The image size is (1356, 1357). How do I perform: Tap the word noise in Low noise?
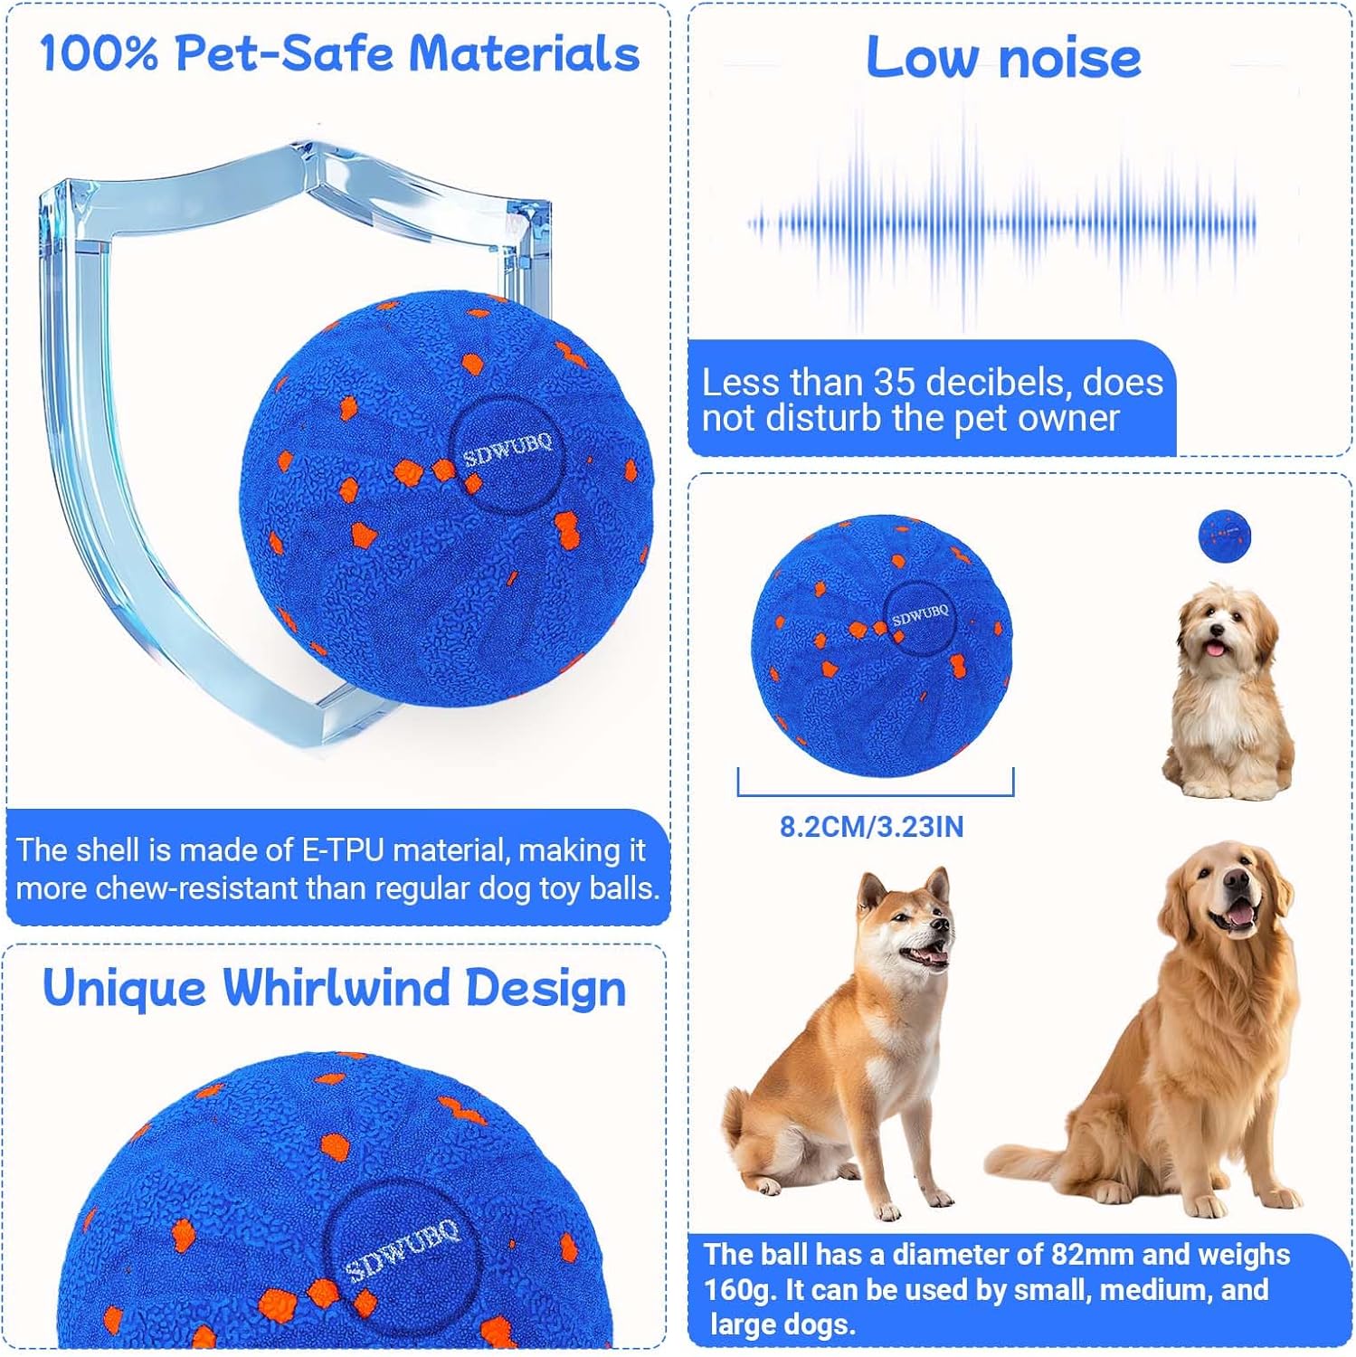pos(1070,58)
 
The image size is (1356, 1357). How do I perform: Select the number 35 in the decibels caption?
pos(896,383)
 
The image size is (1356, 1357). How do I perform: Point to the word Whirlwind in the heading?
pos(335,987)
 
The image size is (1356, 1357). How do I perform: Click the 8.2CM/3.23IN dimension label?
pos(871,827)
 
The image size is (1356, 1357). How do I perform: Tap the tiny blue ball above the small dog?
pos(1224,535)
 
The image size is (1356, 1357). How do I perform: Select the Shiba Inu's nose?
pos(944,925)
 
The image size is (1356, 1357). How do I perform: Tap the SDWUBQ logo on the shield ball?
pos(507,448)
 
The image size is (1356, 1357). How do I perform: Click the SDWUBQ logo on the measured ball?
pos(920,615)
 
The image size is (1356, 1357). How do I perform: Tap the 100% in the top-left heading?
pos(99,53)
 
